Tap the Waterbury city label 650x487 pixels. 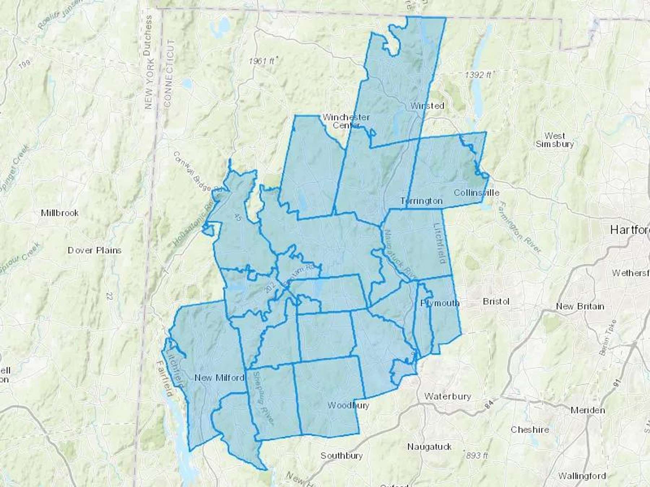point(447,396)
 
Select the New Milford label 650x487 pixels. point(219,378)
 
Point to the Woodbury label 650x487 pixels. point(348,405)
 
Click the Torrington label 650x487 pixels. point(421,201)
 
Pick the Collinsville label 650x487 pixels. point(476,193)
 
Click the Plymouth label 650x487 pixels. point(440,303)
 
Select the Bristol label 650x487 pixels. point(496,302)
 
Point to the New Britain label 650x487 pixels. point(580,307)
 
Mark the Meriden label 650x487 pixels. point(588,410)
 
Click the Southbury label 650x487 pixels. point(341,456)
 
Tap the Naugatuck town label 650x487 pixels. point(429,447)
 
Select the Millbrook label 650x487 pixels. point(60,213)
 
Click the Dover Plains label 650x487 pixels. point(95,250)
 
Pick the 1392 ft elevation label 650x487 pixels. point(478,75)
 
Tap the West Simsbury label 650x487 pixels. point(555,140)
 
